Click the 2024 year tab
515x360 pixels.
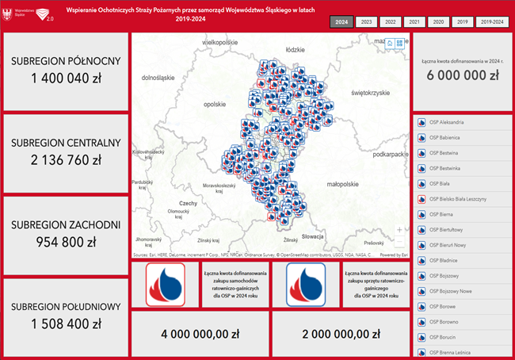342,22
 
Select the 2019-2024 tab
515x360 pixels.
494,22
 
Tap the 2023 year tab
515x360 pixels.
366,22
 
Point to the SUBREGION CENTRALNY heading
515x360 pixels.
66,143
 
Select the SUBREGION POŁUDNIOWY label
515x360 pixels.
66,307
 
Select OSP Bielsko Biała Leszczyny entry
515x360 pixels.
458,198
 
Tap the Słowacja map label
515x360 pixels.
313,236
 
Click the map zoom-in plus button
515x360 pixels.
399,229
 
